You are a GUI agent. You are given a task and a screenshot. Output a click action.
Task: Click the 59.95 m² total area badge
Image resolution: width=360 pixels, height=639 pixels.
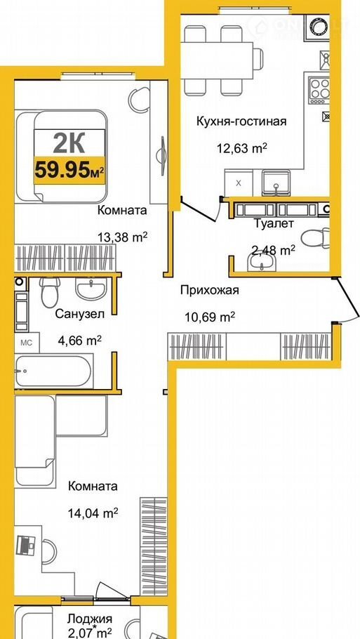(x=69, y=170)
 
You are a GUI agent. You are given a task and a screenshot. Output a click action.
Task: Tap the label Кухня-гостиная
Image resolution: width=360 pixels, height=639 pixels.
(x=241, y=121)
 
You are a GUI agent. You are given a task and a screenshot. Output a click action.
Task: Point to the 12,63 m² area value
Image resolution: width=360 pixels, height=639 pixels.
(x=241, y=147)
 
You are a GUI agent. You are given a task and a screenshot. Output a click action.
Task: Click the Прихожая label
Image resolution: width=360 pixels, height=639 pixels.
(x=209, y=291)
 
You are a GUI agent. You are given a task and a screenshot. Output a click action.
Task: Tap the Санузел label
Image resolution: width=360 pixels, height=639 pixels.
(x=80, y=314)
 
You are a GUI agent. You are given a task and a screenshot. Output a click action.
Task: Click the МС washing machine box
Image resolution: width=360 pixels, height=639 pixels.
(x=27, y=342)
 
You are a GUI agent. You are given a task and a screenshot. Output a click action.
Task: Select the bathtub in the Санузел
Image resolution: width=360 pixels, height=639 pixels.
(x=53, y=371)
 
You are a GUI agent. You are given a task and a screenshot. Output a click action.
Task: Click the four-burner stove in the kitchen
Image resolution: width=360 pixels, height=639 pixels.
(x=319, y=89)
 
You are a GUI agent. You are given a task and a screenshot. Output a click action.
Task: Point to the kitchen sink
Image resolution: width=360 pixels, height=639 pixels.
(x=276, y=183)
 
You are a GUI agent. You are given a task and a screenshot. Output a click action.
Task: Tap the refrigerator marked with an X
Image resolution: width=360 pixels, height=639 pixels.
(x=239, y=183)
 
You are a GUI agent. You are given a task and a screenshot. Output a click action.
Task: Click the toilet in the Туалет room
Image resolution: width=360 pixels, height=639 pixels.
(x=315, y=237)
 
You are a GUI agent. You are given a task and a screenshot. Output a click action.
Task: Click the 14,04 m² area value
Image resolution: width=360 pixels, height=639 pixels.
(x=93, y=512)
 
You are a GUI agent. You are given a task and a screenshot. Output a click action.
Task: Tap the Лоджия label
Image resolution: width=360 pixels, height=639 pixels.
(x=90, y=619)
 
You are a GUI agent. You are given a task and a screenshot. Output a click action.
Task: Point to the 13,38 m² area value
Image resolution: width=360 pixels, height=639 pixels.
(x=122, y=237)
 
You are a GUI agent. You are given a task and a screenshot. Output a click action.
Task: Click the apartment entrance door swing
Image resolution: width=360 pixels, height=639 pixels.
(x=346, y=301)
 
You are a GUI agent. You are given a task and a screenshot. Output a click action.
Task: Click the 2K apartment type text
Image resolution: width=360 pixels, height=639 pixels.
(x=69, y=143)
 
